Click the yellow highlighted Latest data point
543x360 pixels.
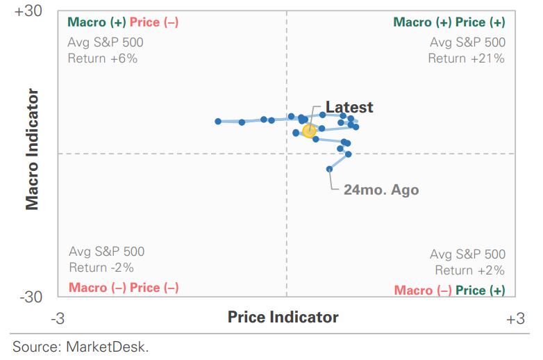(309, 131)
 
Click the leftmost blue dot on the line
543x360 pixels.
(218, 121)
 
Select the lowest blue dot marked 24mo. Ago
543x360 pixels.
(330, 168)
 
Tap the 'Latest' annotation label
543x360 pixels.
(349, 107)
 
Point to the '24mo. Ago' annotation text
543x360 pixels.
(381, 190)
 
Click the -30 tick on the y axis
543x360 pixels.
(31, 297)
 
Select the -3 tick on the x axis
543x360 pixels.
(58, 318)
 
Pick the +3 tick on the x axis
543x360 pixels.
(515, 318)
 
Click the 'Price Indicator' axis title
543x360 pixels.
(283, 318)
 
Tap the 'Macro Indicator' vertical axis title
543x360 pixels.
(33, 148)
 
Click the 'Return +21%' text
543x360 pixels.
(466, 58)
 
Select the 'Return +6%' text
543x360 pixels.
(103, 58)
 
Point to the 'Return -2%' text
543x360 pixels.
(101, 268)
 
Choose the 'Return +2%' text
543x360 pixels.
(470, 270)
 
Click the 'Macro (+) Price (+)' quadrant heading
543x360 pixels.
(449, 22)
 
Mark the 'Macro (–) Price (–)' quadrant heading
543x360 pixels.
(124, 288)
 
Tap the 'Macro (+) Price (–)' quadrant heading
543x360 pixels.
(124, 22)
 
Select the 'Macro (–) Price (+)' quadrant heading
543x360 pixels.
(449, 291)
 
